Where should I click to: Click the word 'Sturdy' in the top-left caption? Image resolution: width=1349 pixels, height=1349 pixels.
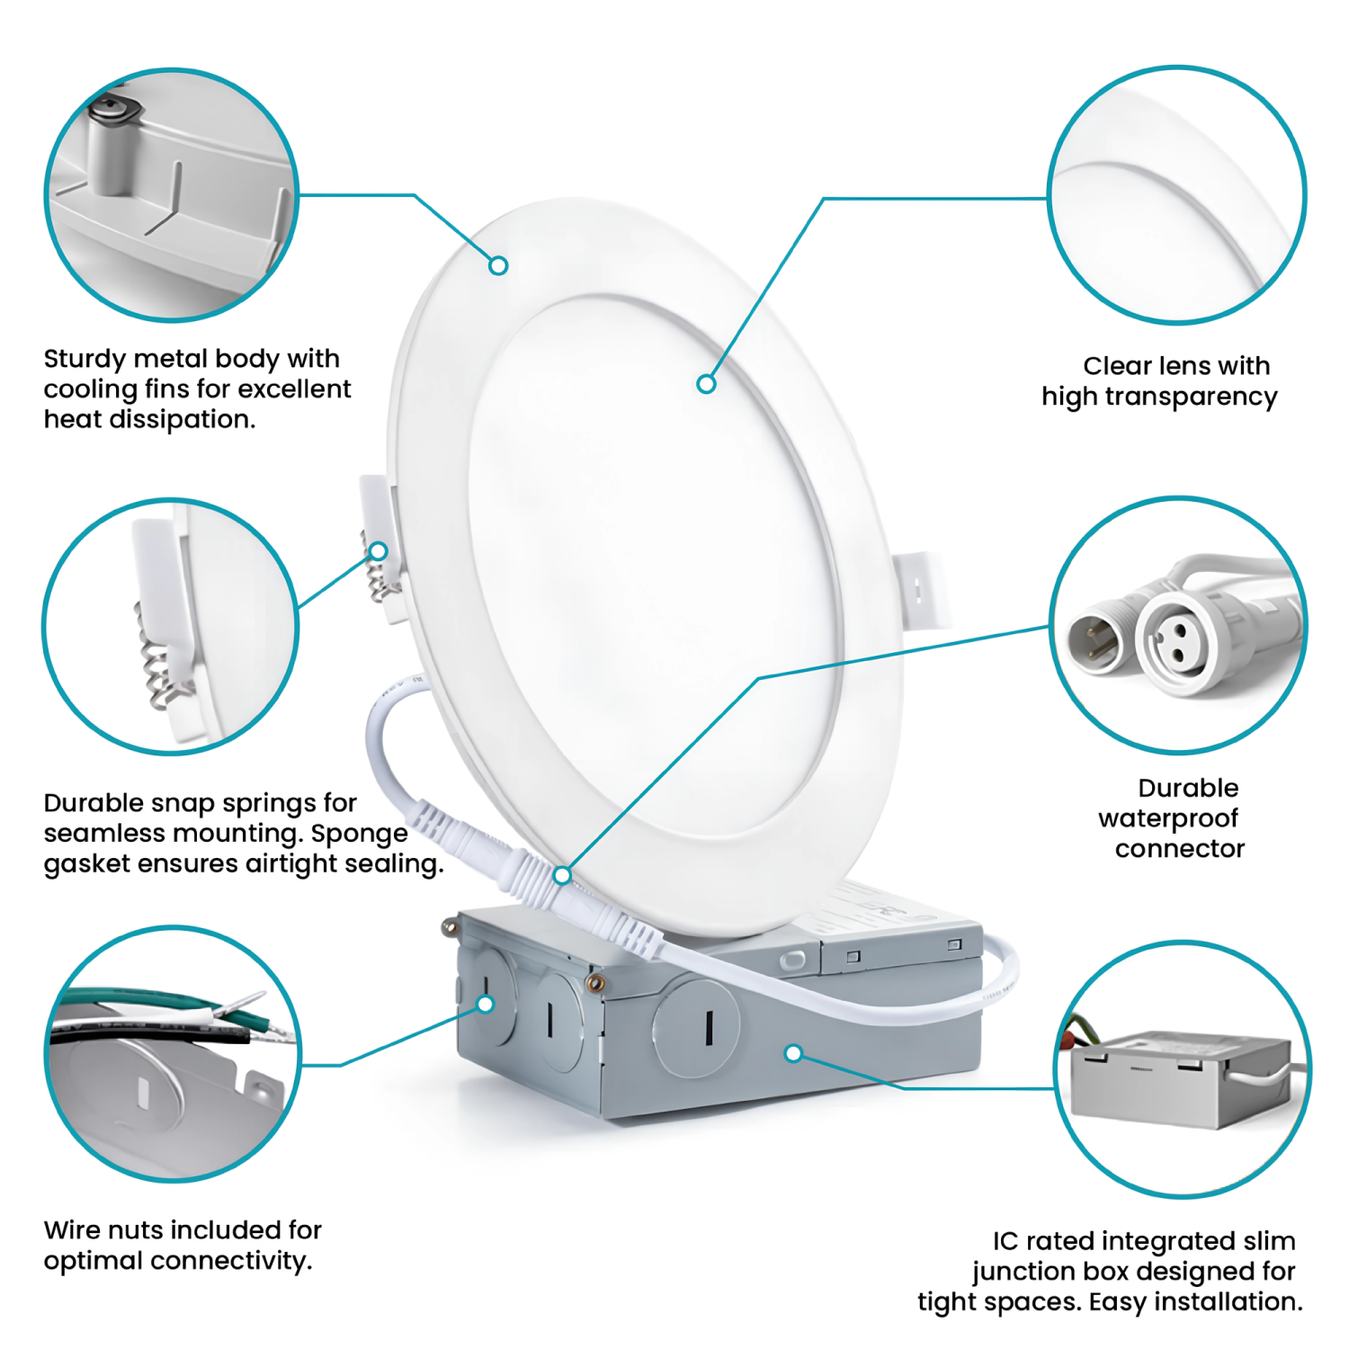[85, 359]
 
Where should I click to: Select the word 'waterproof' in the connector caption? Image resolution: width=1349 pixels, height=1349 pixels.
[1167, 818]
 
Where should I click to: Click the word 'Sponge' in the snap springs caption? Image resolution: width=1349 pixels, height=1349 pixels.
[359, 834]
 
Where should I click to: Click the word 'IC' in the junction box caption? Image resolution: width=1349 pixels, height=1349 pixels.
[1005, 1241]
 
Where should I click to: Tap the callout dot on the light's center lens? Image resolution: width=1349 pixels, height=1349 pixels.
[706, 384]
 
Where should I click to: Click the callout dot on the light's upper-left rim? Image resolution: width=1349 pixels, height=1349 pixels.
[498, 265]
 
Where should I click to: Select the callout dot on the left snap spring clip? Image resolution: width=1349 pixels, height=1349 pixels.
[379, 551]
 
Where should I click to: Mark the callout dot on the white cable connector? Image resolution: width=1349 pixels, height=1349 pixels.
[562, 875]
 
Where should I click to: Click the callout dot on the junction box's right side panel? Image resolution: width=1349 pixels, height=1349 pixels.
[793, 1053]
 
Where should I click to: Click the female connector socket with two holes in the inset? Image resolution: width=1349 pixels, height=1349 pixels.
[1175, 641]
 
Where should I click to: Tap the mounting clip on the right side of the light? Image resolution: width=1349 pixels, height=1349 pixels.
[922, 589]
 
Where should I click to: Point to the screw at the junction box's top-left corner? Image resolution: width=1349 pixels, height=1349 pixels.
[448, 925]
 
